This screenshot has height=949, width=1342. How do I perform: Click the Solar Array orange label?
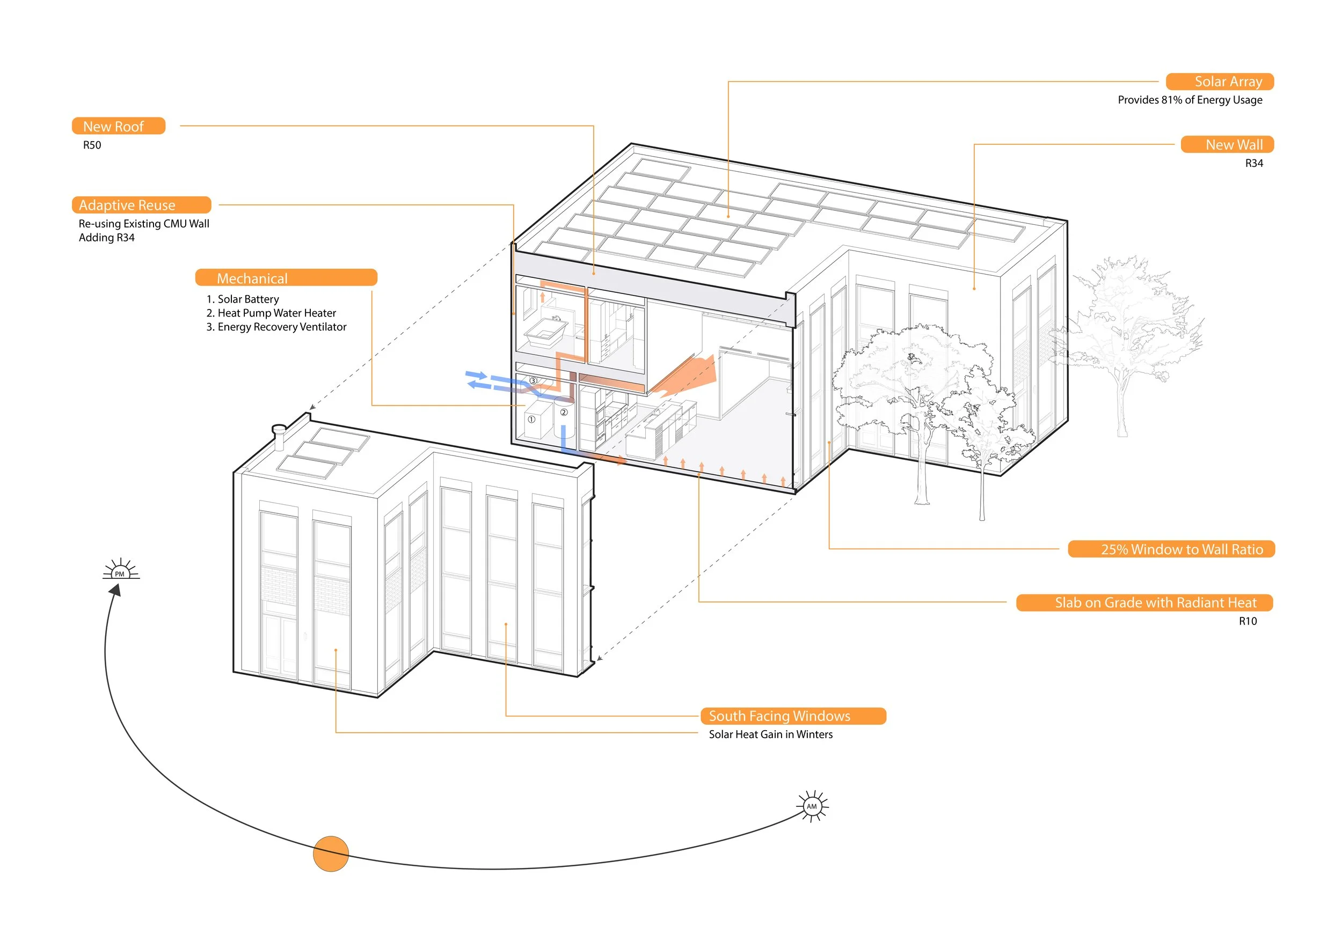click(1219, 82)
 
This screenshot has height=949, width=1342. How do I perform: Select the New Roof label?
click(118, 126)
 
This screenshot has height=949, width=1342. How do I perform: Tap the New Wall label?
click(1227, 144)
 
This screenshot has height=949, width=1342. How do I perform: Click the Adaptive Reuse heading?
click(141, 205)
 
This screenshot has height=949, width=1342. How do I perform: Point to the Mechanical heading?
click(286, 278)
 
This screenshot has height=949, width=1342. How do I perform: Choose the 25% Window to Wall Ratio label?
click(1171, 549)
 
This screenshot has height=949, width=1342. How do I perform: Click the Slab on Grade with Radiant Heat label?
click(1144, 603)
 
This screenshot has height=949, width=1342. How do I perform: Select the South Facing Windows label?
click(793, 716)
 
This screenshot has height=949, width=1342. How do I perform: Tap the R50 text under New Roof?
click(92, 145)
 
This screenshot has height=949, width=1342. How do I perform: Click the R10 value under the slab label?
click(1248, 621)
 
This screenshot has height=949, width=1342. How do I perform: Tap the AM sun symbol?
click(812, 806)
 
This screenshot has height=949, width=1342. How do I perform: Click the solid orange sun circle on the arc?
click(331, 854)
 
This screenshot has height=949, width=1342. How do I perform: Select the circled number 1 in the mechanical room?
click(531, 420)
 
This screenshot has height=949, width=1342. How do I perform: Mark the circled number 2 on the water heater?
click(564, 412)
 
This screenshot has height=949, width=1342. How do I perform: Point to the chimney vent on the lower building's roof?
click(279, 436)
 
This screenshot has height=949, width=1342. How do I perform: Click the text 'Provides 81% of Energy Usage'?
click(1190, 100)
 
